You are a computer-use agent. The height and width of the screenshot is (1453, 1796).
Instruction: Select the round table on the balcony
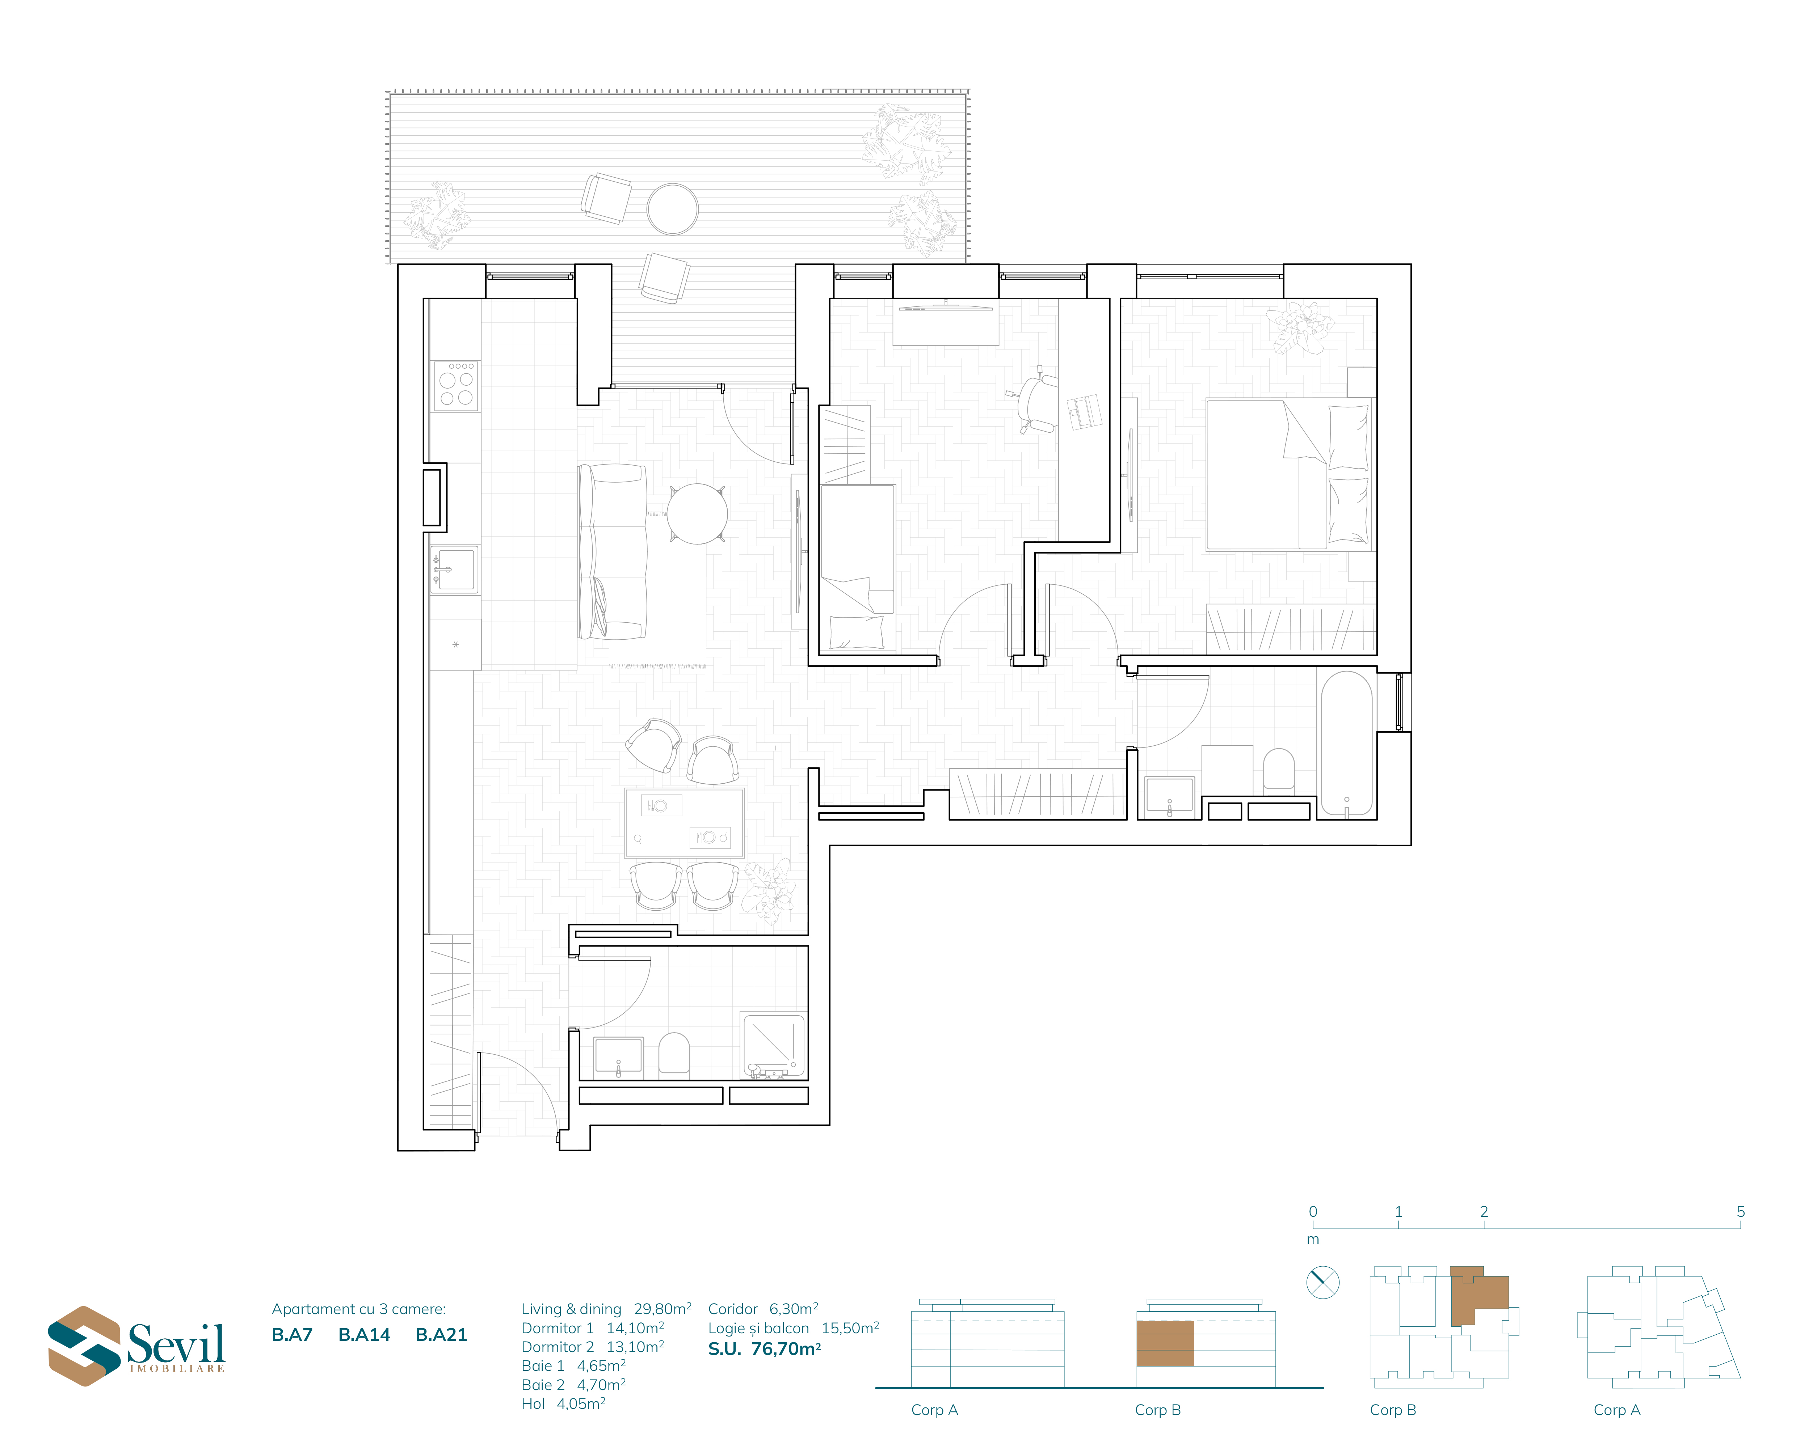click(x=672, y=208)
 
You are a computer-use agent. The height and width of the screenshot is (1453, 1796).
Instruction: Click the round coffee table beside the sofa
click(x=697, y=514)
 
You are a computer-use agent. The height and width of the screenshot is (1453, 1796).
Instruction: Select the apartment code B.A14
click(x=364, y=1335)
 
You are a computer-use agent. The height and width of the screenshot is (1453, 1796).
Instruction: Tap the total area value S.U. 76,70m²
click(x=765, y=1348)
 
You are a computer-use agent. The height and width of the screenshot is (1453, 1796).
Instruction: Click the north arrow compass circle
click(x=1323, y=1282)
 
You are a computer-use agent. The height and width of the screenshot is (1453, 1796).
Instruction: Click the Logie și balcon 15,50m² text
click(x=794, y=1328)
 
